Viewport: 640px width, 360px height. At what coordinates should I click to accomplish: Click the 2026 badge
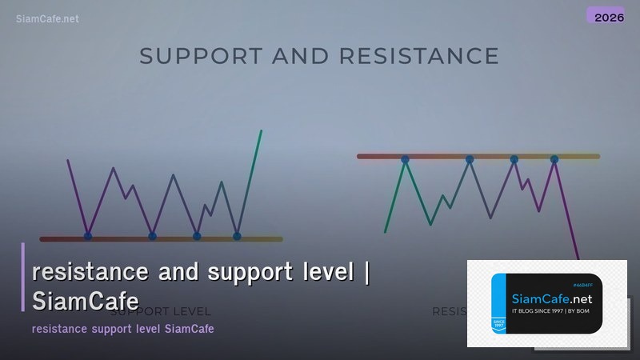605,16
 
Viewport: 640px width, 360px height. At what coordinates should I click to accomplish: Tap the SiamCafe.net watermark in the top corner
47,18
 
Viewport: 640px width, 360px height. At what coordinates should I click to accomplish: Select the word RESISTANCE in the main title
419,56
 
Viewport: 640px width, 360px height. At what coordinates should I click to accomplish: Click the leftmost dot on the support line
88,236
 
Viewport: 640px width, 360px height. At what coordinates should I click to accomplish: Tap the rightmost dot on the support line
237,236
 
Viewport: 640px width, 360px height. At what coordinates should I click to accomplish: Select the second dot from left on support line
153,236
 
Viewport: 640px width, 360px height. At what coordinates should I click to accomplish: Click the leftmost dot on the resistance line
405,160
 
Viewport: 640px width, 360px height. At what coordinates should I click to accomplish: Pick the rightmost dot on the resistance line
554,160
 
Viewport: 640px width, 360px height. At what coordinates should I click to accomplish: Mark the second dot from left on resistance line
470,159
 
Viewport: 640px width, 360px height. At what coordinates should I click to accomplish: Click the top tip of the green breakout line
261,131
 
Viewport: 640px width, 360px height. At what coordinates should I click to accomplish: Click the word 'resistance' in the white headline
90,272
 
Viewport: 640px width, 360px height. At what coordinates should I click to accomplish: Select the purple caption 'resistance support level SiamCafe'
122,329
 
